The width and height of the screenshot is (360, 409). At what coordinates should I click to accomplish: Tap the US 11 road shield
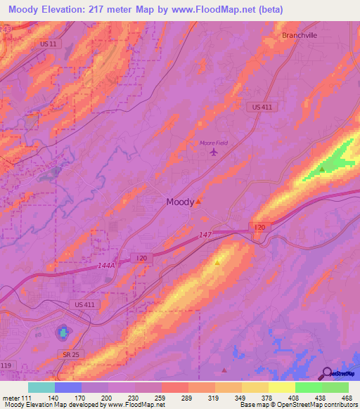pyautogui.click(x=49, y=63)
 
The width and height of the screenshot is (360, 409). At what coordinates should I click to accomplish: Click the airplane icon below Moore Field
pyautogui.click(x=214, y=152)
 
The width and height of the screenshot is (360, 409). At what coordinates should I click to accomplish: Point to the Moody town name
pyautogui.click(x=180, y=202)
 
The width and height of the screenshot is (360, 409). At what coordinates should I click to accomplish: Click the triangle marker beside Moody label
pyautogui.click(x=199, y=201)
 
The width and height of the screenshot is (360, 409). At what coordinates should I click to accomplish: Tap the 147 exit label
pyautogui.click(x=205, y=235)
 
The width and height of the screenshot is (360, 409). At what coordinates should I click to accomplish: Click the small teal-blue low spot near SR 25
pyautogui.click(x=63, y=330)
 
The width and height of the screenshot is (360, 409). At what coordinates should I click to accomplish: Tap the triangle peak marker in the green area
pyautogui.click(x=322, y=169)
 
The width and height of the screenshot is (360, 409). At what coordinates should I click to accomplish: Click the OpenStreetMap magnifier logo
pyautogui.click(x=326, y=374)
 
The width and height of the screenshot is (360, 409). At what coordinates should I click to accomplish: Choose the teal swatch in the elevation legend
pyautogui.click(x=41, y=387)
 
